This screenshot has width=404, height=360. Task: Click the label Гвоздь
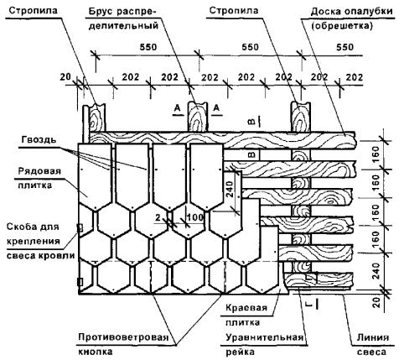pyautogui.click(x=39, y=139)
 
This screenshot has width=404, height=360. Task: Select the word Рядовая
pyautogui.click(x=39, y=171)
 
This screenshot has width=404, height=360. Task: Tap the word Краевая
pyautogui.click(x=246, y=308)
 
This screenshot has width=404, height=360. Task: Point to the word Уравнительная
pyautogui.click(x=265, y=337)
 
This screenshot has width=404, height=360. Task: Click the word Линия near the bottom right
pyautogui.click(x=373, y=337)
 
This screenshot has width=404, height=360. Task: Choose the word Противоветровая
pyautogui.click(x=123, y=337)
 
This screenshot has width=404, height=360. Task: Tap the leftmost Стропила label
pyautogui.click(x=33, y=11)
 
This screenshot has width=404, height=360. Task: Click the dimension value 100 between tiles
pyautogui.click(x=195, y=217)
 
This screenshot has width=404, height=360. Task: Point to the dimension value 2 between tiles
pyautogui.click(x=158, y=217)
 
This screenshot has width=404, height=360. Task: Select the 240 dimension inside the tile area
pyautogui.click(x=229, y=189)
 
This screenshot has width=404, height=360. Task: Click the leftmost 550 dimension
pyautogui.click(x=148, y=47)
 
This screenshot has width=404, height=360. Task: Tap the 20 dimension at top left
pyautogui.click(x=66, y=77)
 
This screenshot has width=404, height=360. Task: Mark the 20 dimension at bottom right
pyautogui.click(x=377, y=302)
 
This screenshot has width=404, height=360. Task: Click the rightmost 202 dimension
pyautogui.click(x=355, y=77)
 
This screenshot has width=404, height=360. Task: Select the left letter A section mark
pyautogui.click(x=177, y=108)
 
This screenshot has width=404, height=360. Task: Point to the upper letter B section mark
pyautogui.click(x=251, y=122)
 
